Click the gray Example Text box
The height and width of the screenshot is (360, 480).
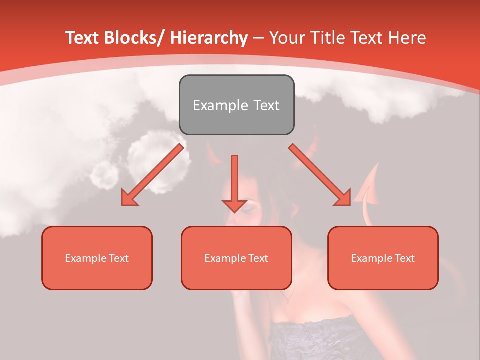tap(236, 105)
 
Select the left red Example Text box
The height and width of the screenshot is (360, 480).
tap(97, 258)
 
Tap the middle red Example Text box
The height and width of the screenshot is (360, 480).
tap(236, 258)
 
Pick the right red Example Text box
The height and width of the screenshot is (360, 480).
tap(383, 258)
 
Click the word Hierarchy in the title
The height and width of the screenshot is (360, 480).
tap(209, 38)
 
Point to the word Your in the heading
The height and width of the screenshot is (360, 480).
tap(286, 38)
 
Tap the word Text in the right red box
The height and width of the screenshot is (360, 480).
tap(404, 258)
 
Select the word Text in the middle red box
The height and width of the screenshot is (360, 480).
tap(258, 258)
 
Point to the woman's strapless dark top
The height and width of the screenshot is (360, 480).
tap(320, 340)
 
